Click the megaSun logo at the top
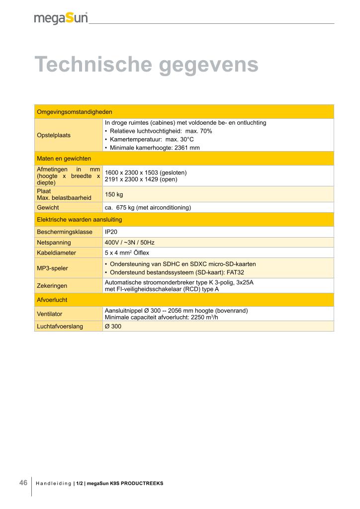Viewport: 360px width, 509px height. pos(61,18)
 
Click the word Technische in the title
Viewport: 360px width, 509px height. pos(92,65)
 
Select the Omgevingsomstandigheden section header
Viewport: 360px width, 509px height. pos(75,111)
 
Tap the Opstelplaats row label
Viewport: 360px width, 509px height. pos(54,135)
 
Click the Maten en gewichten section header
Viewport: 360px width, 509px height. pos(64,158)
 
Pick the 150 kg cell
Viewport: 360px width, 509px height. pos(114,194)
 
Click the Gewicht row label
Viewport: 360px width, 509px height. pos(48,207)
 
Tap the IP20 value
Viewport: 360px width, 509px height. pos(111,232)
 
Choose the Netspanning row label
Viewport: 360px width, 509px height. pos(54,243)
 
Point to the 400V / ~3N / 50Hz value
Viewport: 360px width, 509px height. pos(130,243)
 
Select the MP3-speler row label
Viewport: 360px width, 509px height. pos(53,268)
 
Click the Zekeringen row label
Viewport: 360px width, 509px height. pos(52,285)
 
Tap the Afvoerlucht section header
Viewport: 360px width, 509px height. pos(52,300)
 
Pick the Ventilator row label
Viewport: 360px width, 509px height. pos(50,314)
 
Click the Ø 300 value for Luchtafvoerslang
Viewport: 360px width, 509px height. pos(113,326)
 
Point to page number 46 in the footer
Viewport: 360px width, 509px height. pos(23,483)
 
